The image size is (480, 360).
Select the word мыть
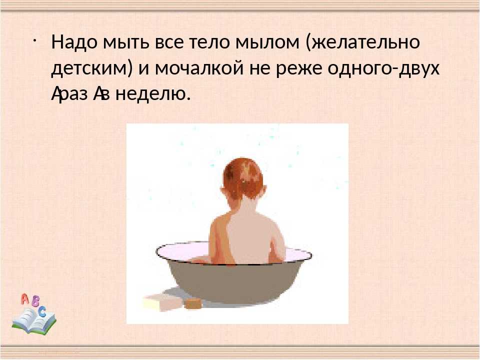(x=126, y=42)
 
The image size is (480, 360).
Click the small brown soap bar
(x=193, y=303)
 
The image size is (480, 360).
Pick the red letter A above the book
(x=25, y=299)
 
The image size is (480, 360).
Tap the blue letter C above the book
(x=42, y=311)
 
